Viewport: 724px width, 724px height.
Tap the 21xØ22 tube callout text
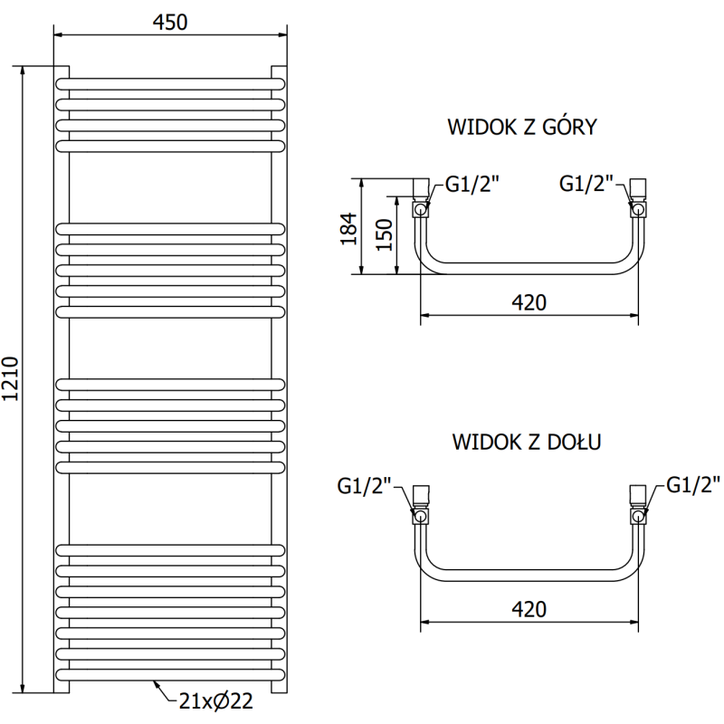click(x=216, y=700)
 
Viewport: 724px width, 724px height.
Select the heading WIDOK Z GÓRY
click(x=522, y=127)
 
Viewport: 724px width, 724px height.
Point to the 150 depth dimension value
click(x=384, y=235)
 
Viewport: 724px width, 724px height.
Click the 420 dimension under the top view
click(x=529, y=302)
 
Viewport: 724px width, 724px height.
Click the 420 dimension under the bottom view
click(x=529, y=608)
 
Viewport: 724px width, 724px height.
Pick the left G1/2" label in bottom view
click(x=365, y=486)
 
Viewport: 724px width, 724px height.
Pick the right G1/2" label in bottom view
click(x=694, y=484)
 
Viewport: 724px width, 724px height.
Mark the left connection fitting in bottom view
click(x=420, y=506)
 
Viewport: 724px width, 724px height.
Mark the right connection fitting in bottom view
click(x=639, y=506)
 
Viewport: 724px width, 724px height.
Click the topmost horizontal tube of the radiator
click(x=170, y=82)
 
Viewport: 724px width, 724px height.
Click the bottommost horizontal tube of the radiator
click(x=170, y=673)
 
